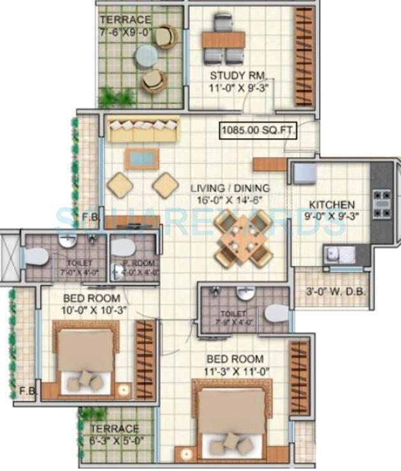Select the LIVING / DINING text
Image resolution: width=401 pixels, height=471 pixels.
pyautogui.click(x=230, y=189)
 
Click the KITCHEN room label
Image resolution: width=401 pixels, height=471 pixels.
pyautogui.click(x=332, y=205)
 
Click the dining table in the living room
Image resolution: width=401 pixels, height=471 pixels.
pyautogui.click(x=244, y=237)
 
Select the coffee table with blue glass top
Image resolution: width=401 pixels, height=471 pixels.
pyautogui.click(x=142, y=158)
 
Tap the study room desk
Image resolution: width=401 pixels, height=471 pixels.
pyautogui.click(x=223, y=40)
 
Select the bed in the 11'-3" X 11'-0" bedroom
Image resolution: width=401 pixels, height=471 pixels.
pyautogui.click(x=231, y=421)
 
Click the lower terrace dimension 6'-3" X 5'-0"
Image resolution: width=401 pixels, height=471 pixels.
pyautogui.click(x=115, y=440)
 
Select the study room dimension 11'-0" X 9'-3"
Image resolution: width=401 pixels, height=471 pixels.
pyautogui.click(x=238, y=89)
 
